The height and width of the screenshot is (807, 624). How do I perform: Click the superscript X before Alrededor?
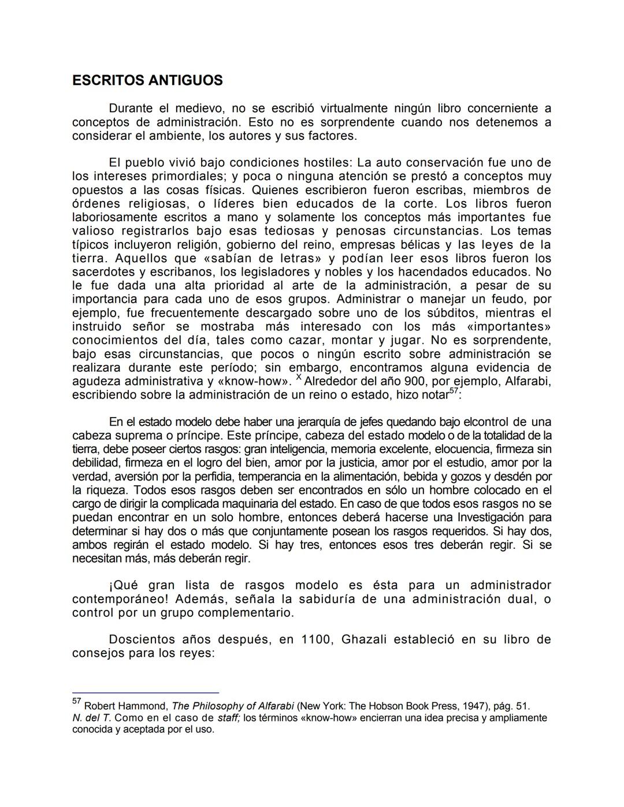[x=299, y=378]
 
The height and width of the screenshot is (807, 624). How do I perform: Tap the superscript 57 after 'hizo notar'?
[x=455, y=392]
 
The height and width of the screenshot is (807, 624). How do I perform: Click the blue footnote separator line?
[x=146, y=692]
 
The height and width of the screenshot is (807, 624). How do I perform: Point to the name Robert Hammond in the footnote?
[x=126, y=706]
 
